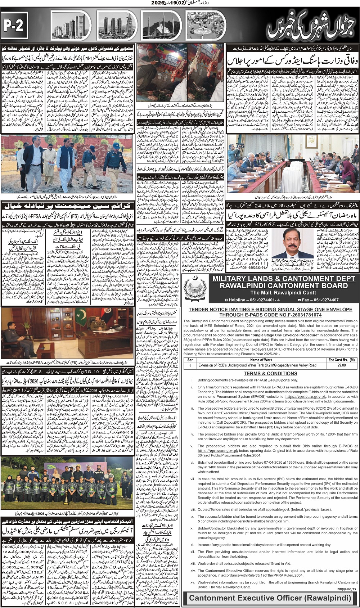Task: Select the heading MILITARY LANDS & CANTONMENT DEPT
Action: point(283,279)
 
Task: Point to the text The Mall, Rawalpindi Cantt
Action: point(283,293)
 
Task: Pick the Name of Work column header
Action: point(261,360)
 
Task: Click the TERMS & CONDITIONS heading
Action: point(271,373)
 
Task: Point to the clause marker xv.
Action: point(192,582)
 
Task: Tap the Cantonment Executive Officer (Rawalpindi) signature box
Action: point(270,598)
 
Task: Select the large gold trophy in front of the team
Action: point(66,498)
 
